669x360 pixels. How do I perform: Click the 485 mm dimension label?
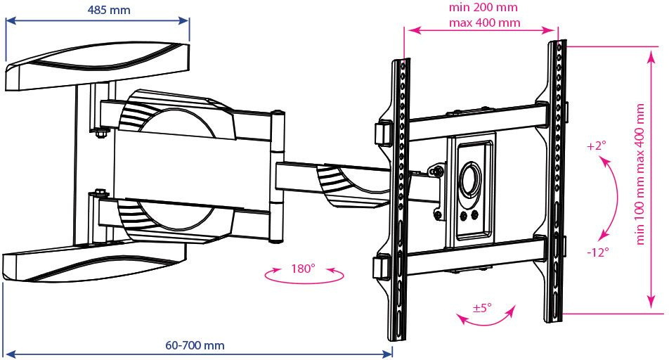click(x=109, y=10)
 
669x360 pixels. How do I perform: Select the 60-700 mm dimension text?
click(x=195, y=345)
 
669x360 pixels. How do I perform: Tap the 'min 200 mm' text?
click(x=483, y=7)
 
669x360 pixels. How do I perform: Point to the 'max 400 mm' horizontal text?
click(x=484, y=22)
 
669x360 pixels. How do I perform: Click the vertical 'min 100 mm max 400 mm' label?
click(x=640, y=174)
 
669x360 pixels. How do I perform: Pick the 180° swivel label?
click(x=303, y=269)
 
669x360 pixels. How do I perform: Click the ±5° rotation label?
click(x=482, y=307)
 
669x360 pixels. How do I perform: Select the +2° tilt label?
click(x=597, y=146)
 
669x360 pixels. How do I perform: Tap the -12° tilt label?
click(x=598, y=252)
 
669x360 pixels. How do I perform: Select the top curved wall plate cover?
click(x=98, y=66)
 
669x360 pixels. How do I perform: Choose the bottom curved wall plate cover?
click(x=95, y=262)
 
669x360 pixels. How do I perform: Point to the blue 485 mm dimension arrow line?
click(x=97, y=20)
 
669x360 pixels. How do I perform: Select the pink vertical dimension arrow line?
click(x=651, y=179)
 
